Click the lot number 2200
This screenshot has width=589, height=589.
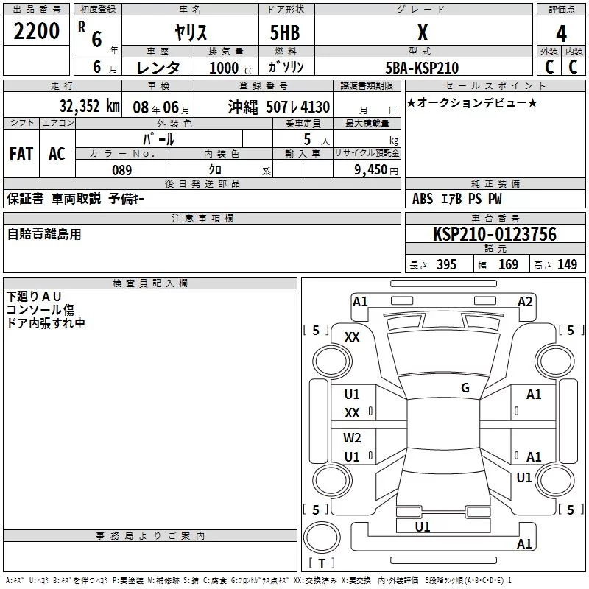pos(37,32)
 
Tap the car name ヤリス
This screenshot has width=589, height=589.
pos(190,32)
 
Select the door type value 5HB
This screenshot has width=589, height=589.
pos(285,32)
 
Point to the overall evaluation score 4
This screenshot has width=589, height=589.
pos(561,34)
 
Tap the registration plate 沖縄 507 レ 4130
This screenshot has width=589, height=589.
pos(278,106)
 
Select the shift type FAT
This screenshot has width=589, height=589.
pos(21,154)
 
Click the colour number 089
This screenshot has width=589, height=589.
pos(121,170)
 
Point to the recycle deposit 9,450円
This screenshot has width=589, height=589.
pos(373,170)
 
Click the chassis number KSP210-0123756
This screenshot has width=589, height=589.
pos(494,234)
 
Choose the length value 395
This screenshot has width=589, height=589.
pos(446,265)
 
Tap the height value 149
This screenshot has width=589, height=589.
pos(567,265)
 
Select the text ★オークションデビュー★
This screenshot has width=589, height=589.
pos(471,102)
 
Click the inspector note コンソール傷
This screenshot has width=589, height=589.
pos(40,310)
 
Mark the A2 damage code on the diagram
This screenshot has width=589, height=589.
pos(525,301)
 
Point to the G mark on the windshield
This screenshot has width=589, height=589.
pos(465,388)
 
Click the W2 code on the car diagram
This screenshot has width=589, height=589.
pos(352,438)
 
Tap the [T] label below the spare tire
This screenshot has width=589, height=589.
pos(322,564)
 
